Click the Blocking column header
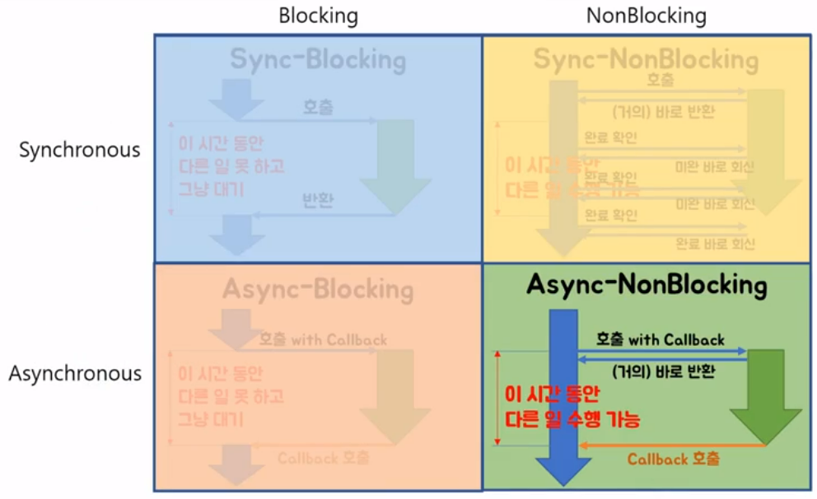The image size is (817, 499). coord(318,16)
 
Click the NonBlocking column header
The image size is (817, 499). coord(646,16)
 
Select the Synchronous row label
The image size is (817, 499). coord(80,151)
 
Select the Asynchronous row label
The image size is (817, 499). coord(75,373)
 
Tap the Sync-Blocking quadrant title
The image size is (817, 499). coord(318,60)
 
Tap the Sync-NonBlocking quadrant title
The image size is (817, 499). coord(646,59)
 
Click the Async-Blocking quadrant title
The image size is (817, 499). coord(318,290)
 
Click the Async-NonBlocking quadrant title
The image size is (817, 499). coord(646,286)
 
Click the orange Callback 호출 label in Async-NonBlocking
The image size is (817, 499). coord(673,459)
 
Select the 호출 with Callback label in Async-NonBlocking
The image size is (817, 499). coord(661,339)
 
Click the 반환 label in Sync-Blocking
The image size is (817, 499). coord(318,200)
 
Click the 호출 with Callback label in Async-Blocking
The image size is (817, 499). coord(323,339)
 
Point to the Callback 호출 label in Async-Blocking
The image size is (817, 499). coord(323,458)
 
